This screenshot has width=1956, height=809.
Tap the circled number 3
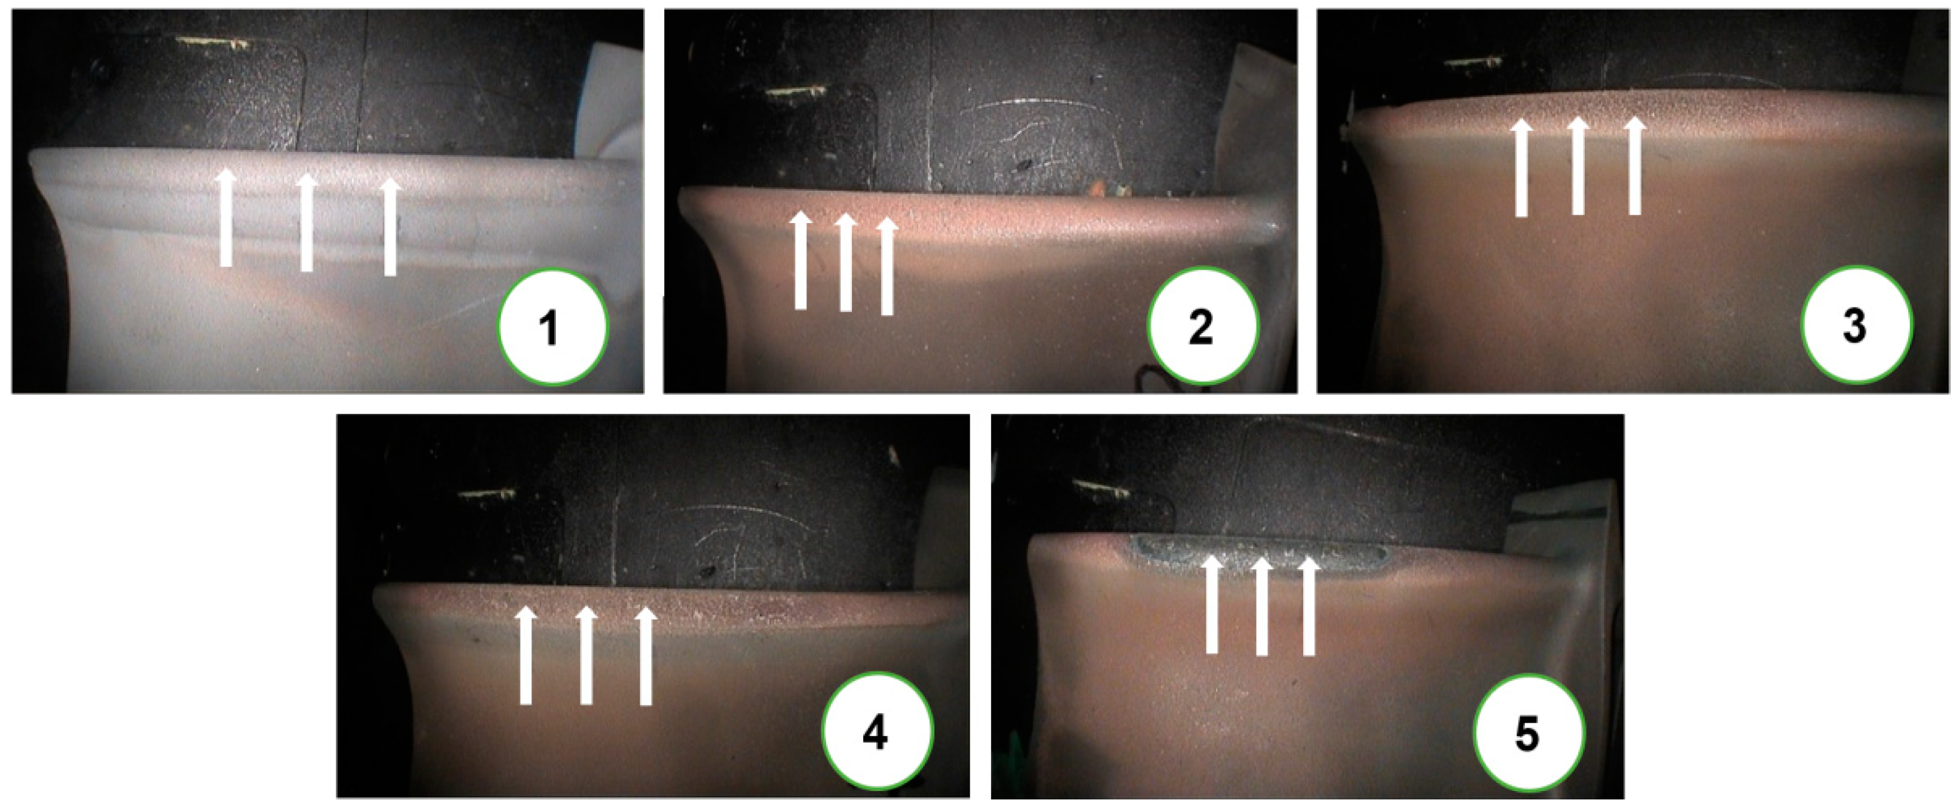pos(1855,326)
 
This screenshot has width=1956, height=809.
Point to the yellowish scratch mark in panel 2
pos(795,92)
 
